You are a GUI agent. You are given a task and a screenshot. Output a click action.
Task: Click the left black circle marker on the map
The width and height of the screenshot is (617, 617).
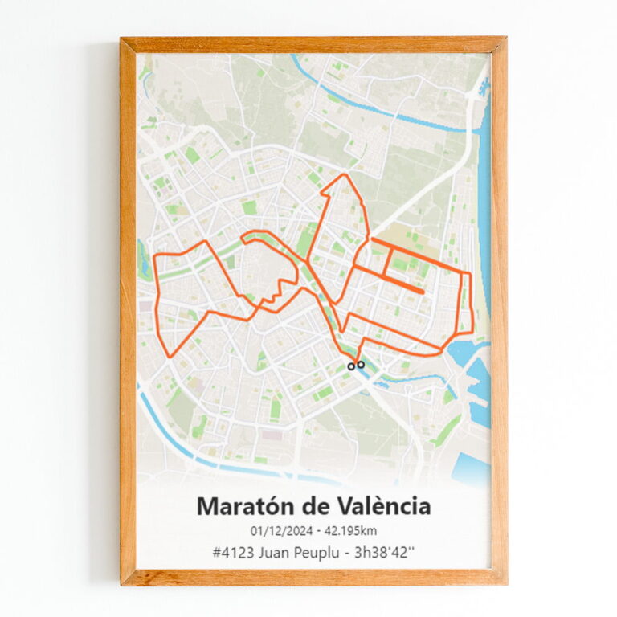(351, 366)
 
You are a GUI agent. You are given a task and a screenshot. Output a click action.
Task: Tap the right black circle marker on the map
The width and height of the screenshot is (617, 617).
(361, 364)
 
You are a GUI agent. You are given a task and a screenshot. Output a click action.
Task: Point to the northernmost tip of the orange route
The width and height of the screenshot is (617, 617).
(345, 174)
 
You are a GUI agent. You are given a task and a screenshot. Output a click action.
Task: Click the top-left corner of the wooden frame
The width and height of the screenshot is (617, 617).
(122, 39)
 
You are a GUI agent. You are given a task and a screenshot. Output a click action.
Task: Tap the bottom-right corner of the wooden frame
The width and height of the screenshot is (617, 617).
(505, 582)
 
